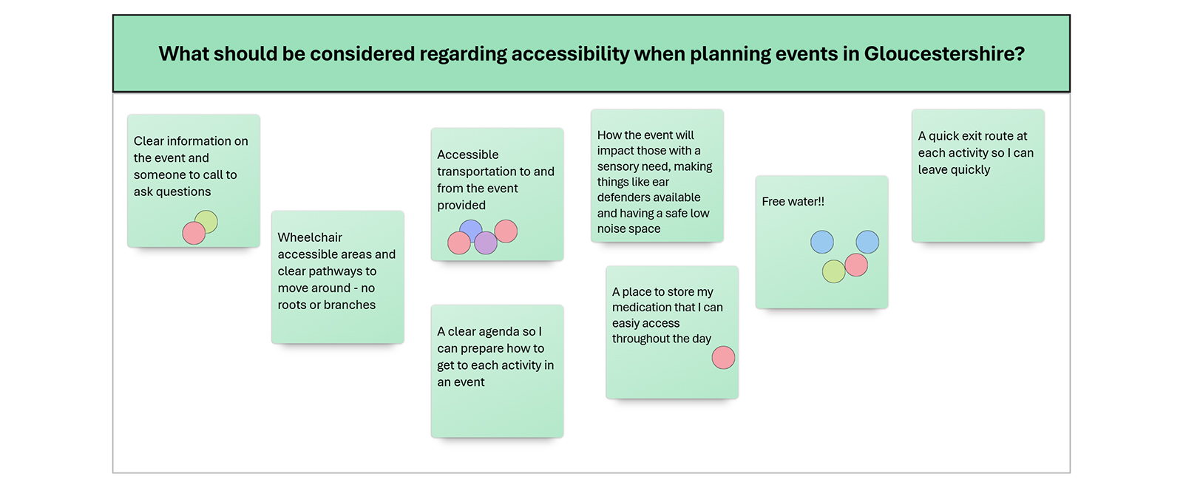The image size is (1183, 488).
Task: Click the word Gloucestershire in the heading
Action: coord(944,54)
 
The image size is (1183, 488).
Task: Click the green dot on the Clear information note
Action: coord(206,221)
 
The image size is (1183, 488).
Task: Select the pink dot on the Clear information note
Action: coord(194,233)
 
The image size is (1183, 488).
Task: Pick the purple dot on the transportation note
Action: coord(486,243)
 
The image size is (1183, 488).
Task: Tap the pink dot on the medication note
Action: coord(723,357)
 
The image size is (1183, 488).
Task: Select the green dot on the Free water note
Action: coord(833,271)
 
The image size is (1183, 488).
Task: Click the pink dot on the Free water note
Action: coord(856,265)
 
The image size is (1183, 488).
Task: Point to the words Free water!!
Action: coord(793,201)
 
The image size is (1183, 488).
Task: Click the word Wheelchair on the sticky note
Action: coord(310,237)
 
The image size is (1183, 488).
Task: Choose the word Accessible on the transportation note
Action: coord(467,155)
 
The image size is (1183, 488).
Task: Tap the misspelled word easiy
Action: coord(626,323)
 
